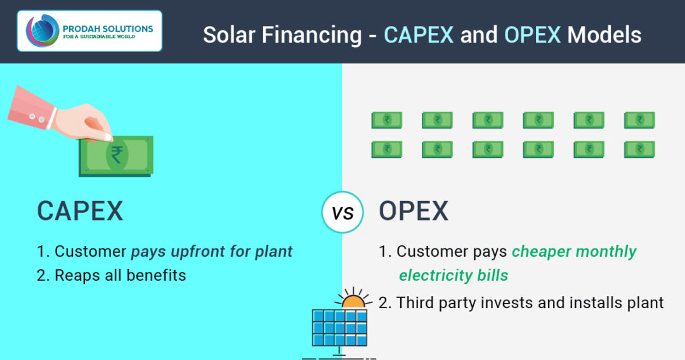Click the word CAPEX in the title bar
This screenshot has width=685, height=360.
(419, 34)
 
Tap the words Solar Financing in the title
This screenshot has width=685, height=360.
(284, 34)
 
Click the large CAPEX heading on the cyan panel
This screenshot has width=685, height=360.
(80, 211)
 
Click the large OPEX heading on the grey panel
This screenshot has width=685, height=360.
(414, 211)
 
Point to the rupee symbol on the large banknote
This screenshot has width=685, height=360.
(117, 154)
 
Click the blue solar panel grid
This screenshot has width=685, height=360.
(340, 327)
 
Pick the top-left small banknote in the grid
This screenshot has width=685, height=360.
(387, 120)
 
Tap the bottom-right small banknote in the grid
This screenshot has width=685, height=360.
(639, 149)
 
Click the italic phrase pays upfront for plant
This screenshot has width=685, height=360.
(212, 251)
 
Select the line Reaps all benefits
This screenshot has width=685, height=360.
(112, 275)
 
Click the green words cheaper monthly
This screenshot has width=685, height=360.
(574, 251)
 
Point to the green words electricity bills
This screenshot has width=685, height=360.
(453, 275)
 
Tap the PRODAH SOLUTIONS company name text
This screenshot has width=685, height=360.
(108, 28)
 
